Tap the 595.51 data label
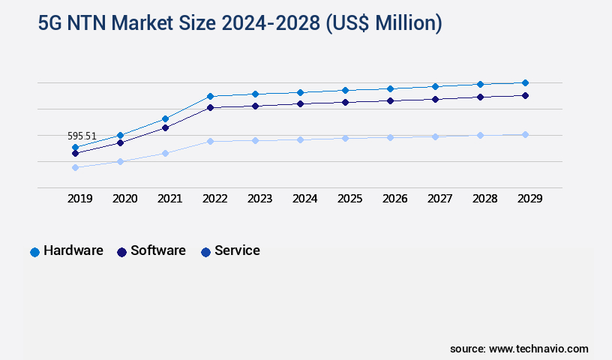pyautogui.click(x=82, y=136)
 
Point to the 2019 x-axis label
pyautogui.click(x=80, y=199)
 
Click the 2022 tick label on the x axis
pyautogui.click(x=214, y=199)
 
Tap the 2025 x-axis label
pyautogui.click(x=349, y=199)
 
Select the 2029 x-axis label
pyautogui.click(x=529, y=199)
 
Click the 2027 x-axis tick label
pyautogui.click(x=439, y=199)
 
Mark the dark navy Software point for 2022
pyautogui.click(x=210, y=107)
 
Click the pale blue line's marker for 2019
pyautogui.click(x=75, y=167)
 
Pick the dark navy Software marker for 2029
pyautogui.click(x=525, y=95)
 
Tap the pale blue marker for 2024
pyautogui.click(x=300, y=139)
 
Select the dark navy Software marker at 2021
pyautogui.click(x=165, y=127)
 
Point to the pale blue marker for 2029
pyautogui.click(x=525, y=134)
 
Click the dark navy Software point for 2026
pyautogui.click(x=390, y=100)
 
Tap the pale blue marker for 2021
pyautogui.click(x=165, y=153)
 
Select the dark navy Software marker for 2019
pyautogui.click(x=75, y=153)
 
